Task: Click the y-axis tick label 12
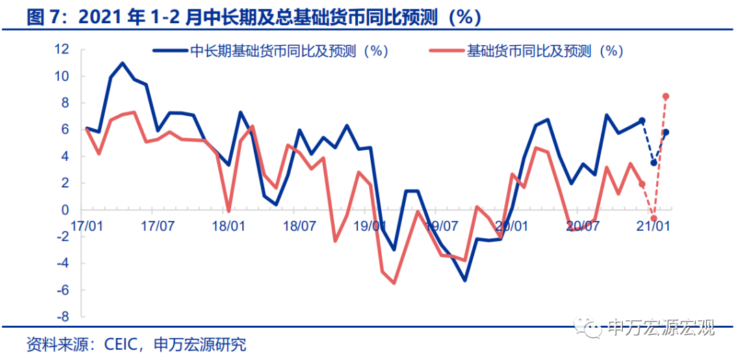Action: [x=62, y=49]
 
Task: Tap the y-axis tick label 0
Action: [x=66, y=210]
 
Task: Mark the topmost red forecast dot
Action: [x=666, y=97]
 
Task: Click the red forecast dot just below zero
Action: [x=653, y=218]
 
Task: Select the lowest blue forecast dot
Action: [x=653, y=163]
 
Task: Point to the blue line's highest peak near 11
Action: [x=122, y=63]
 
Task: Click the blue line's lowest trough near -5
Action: [x=465, y=281]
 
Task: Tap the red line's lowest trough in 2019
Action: [x=394, y=283]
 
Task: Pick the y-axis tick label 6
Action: [x=66, y=129]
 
